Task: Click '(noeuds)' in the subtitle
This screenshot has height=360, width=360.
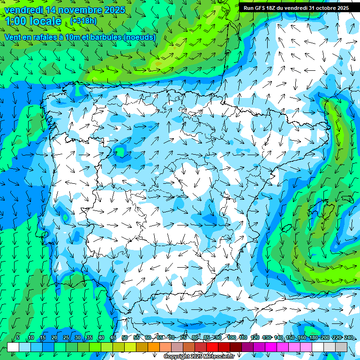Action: click(139, 37)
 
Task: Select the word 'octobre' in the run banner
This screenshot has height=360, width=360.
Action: click(322, 8)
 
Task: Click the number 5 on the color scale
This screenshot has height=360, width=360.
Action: click(18, 337)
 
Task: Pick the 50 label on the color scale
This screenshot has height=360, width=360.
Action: click(124, 337)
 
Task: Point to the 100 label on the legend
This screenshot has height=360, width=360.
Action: click(231, 337)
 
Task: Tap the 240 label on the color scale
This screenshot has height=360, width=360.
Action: click(348, 337)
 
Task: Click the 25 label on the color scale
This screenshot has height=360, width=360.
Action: click(66, 337)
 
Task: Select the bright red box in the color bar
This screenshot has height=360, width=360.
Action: click(212, 347)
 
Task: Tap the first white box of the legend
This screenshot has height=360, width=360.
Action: click(13, 347)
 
